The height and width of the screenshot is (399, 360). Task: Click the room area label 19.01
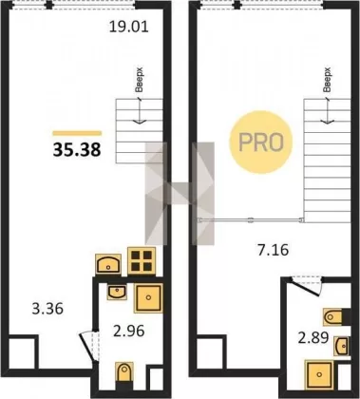pos(129,27)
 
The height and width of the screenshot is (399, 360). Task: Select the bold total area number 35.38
pos(77,150)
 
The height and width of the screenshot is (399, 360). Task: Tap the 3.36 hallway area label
pos(47,309)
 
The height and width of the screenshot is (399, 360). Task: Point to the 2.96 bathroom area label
pos(129,331)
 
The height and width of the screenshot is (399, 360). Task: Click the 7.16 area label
pos(274,250)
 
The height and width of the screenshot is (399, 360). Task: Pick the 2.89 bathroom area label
pos(313,338)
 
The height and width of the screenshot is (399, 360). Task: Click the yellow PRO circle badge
pos(261,142)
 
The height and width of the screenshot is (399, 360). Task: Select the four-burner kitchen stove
pos(142,261)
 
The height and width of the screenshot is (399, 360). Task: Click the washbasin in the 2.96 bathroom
pos(117,292)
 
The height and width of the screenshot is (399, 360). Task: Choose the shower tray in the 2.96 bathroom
pos(148,298)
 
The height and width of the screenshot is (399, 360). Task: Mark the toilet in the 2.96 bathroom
pos(123,371)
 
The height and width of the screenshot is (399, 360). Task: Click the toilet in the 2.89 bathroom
pos(333,316)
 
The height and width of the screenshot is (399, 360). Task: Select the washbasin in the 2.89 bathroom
pos(342,347)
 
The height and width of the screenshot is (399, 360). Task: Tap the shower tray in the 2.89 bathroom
pos(319,374)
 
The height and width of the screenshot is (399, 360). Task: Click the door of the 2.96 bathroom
pos(87,346)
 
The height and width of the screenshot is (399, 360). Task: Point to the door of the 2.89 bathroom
pos(306,287)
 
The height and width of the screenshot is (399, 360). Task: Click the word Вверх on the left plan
pos(139,80)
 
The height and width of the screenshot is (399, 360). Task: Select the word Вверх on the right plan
pos(328,80)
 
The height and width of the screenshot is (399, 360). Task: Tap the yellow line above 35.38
pos(77,133)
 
